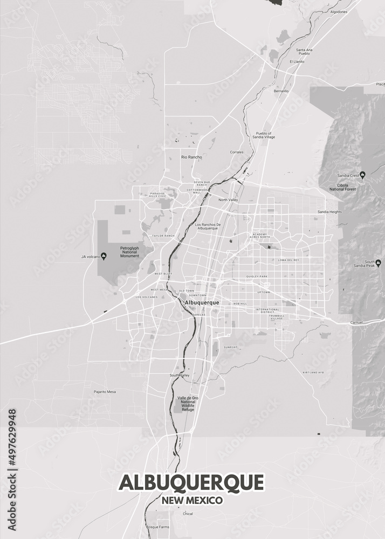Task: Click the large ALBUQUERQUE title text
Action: pyautogui.click(x=191, y=482)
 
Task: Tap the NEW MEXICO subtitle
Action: pyautogui.click(x=192, y=501)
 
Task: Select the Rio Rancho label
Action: pyautogui.click(x=191, y=157)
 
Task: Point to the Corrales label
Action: pyautogui.click(x=237, y=152)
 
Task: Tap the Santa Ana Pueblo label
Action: pyautogui.click(x=304, y=52)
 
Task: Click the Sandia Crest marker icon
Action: pyautogui.click(x=362, y=175)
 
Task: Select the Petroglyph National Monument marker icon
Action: pyautogui.click(x=104, y=257)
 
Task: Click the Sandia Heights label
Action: pyautogui.click(x=329, y=212)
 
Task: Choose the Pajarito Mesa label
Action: pyautogui.click(x=105, y=391)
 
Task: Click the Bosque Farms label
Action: pyautogui.click(x=158, y=527)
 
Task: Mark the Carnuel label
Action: pyautogui.click(x=356, y=322)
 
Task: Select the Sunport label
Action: pyautogui.click(x=230, y=347)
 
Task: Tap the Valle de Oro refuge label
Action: pyautogui.click(x=188, y=403)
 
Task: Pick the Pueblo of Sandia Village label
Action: pyautogui.click(x=265, y=135)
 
